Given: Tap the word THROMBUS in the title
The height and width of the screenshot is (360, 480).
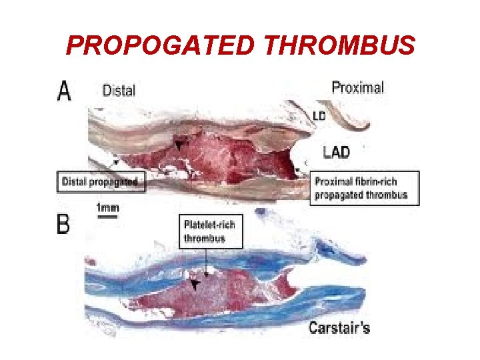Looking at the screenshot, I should tap(340, 45).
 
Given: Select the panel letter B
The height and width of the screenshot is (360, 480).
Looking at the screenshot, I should tap(63, 223).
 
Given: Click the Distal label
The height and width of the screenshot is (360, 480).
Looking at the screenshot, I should tap(119, 90).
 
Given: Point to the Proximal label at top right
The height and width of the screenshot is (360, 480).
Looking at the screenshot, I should tap(357, 87).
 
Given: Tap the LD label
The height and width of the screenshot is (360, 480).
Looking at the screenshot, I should tap(319, 115).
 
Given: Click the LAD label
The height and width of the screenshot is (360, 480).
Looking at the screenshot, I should tap(335, 152).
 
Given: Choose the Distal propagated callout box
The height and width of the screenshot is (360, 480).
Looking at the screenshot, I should tap(100, 181).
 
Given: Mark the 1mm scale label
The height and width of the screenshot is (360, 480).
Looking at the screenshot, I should tap(107, 207).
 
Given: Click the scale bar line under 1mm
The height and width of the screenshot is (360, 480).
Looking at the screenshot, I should tap(107, 215).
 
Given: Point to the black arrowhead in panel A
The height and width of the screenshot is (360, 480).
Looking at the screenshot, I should tap(178, 143).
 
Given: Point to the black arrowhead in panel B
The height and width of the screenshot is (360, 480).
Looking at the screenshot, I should tap(195, 285).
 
